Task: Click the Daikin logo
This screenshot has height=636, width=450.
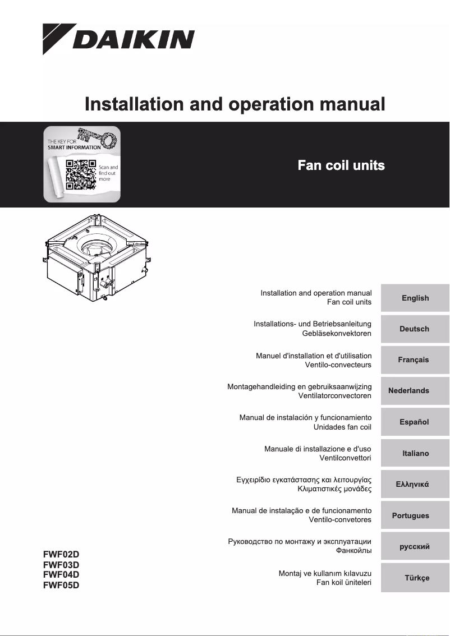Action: click(119, 38)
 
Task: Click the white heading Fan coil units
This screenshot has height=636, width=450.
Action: click(341, 165)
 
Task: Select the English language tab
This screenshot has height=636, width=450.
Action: click(415, 298)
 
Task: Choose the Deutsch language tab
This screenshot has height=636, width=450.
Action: click(415, 329)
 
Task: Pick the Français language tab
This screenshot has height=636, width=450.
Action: click(415, 360)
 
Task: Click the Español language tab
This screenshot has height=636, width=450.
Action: click(415, 422)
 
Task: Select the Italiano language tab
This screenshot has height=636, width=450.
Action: click(415, 453)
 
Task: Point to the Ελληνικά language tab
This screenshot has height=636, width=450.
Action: click(415, 484)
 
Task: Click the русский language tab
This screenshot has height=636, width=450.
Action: click(415, 546)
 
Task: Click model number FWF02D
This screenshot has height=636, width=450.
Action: click(61, 555)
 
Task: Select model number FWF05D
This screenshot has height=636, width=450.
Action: click(61, 586)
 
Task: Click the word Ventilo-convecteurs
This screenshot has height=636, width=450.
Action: click(338, 365)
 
